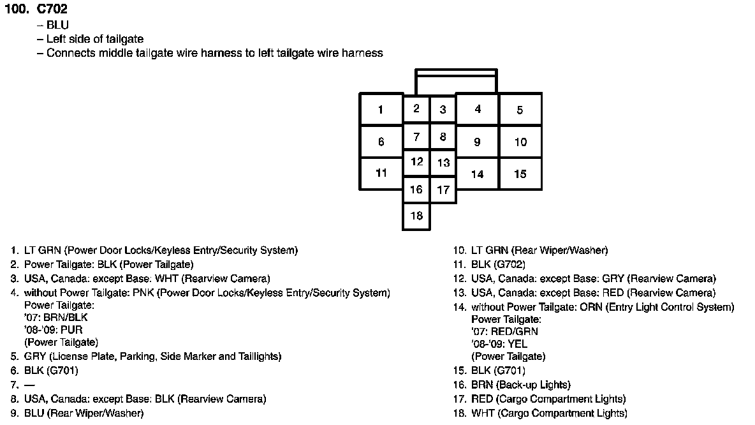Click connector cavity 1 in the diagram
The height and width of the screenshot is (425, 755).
click(x=381, y=109)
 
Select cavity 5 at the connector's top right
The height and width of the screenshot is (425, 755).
click(x=520, y=109)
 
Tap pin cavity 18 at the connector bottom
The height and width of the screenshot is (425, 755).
click(x=416, y=216)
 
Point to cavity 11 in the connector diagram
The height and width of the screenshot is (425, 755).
click(x=381, y=173)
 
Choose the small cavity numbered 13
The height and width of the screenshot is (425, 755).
click(x=443, y=163)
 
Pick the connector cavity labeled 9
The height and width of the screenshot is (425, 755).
click(x=477, y=142)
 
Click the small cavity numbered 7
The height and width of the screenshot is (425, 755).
click(x=416, y=137)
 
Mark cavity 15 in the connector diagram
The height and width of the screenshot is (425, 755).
click(x=520, y=174)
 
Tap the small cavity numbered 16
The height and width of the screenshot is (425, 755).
click(x=416, y=190)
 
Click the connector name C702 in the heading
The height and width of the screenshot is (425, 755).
click(x=52, y=10)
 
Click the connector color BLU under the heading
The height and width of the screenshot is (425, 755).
click(x=57, y=25)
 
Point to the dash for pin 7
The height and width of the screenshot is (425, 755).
click(x=29, y=385)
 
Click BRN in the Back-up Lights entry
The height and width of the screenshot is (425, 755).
click(x=482, y=385)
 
